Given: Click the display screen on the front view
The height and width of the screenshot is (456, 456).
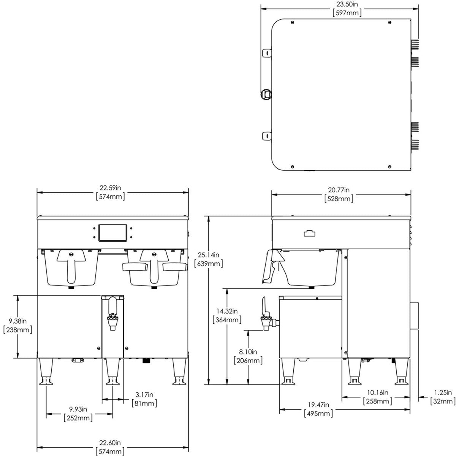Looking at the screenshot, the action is coord(112,233).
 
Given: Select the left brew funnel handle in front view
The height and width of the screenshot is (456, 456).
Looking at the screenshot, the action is coord(71,264).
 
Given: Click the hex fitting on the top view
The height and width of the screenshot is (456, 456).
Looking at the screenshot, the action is coord(266,94).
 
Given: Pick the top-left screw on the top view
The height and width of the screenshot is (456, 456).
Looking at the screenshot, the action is coord(293,22).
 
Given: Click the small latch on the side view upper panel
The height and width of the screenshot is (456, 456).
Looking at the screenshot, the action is coord(310,233).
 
